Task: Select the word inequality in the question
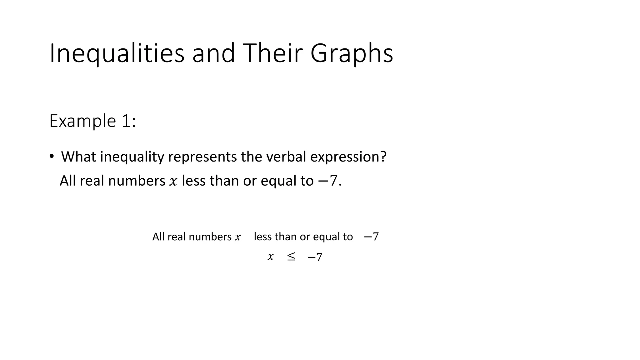(132, 157)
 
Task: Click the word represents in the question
(202, 157)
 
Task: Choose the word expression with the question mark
(348, 157)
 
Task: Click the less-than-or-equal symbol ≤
(291, 257)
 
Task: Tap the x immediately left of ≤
(270, 257)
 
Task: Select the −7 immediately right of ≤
(315, 257)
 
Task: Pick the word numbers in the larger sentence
(137, 181)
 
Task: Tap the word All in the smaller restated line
(158, 237)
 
